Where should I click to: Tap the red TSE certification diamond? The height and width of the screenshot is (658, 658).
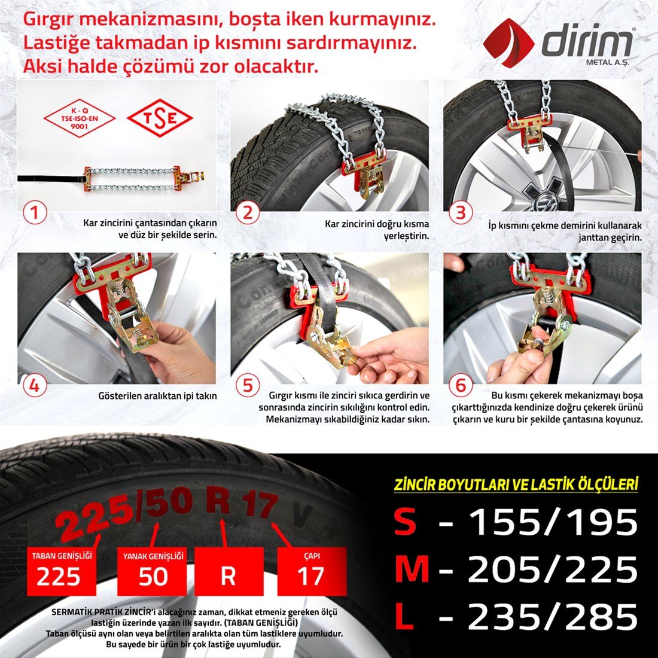[160, 118]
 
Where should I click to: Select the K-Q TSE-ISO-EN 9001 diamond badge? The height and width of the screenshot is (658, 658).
[80, 118]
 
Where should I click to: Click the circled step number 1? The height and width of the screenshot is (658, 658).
[35, 212]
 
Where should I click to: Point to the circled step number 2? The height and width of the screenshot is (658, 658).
[248, 212]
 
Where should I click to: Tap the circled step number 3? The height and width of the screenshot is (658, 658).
[461, 212]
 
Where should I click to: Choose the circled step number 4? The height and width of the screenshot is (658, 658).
[35, 386]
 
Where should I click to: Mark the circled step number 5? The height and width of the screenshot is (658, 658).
[248, 386]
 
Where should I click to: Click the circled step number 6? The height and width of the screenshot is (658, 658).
[461, 386]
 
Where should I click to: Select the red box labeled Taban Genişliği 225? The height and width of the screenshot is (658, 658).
[62, 571]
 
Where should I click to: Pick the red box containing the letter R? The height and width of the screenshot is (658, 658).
[229, 571]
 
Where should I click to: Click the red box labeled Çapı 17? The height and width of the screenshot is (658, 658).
[311, 571]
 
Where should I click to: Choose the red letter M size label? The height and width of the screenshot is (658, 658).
[412, 570]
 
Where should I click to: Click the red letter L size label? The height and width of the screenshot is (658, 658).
[404, 617]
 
